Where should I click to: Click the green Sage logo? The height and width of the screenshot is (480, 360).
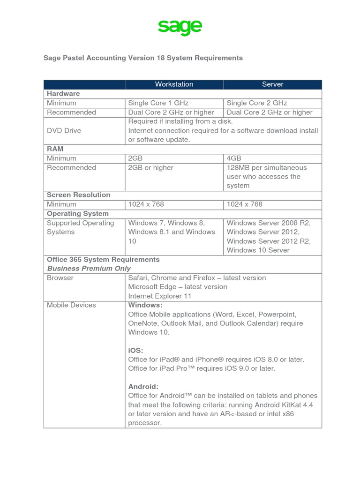coord(180,27)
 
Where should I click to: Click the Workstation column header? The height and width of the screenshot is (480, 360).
coord(174,84)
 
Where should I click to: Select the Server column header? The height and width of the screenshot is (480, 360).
coord(272,84)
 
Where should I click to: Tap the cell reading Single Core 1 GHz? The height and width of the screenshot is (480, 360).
coord(158,103)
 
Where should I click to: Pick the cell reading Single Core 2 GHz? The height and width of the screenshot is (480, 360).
coord(257,103)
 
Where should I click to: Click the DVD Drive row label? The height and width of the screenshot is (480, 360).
coord(64,130)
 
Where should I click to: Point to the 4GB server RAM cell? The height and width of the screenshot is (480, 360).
coord(234,158)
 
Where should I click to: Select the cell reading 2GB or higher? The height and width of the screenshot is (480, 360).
coord(150,167)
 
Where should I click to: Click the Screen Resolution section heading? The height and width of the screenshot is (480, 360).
coord(78,195)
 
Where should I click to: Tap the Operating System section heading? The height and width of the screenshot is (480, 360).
coord(77,213)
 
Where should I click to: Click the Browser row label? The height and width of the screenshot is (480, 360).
coord(60,277)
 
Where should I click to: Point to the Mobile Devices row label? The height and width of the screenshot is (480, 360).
coord(71,305)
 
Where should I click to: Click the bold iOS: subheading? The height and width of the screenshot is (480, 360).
coord(136,350)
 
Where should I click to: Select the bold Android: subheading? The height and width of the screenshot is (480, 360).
coord(143,387)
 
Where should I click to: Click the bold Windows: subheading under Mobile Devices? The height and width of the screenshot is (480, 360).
coord(145,305)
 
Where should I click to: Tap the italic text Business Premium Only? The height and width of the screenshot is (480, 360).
coord(89,269)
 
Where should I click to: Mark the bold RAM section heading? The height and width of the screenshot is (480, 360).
coord(55,149)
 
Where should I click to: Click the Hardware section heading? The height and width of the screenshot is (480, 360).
coord(63,94)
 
